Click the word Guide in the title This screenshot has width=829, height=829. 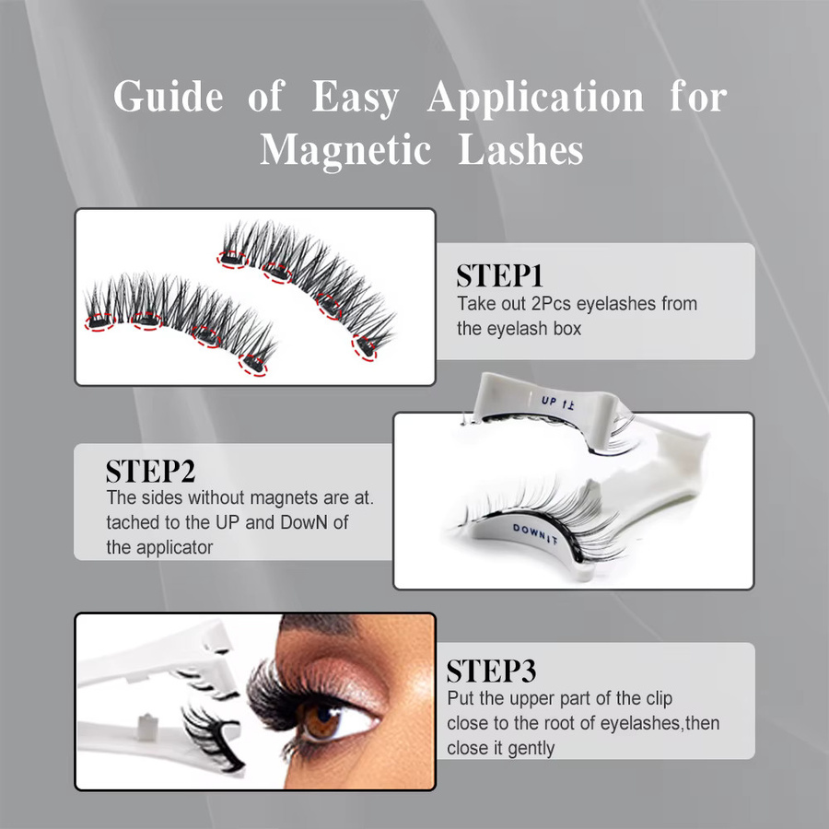point(169,97)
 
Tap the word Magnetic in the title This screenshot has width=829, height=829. point(345,150)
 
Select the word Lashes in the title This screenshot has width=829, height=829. point(520,150)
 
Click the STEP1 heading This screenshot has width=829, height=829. point(499,276)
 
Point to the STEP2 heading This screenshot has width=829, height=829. point(151,471)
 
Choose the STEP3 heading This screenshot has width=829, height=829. point(491,671)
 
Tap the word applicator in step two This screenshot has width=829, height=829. point(174,548)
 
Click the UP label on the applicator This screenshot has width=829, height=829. point(550,402)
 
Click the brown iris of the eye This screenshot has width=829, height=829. point(321,721)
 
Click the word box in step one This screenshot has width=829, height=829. point(567,329)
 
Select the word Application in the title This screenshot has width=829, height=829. point(535,98)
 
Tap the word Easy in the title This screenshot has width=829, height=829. point(355,98)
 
